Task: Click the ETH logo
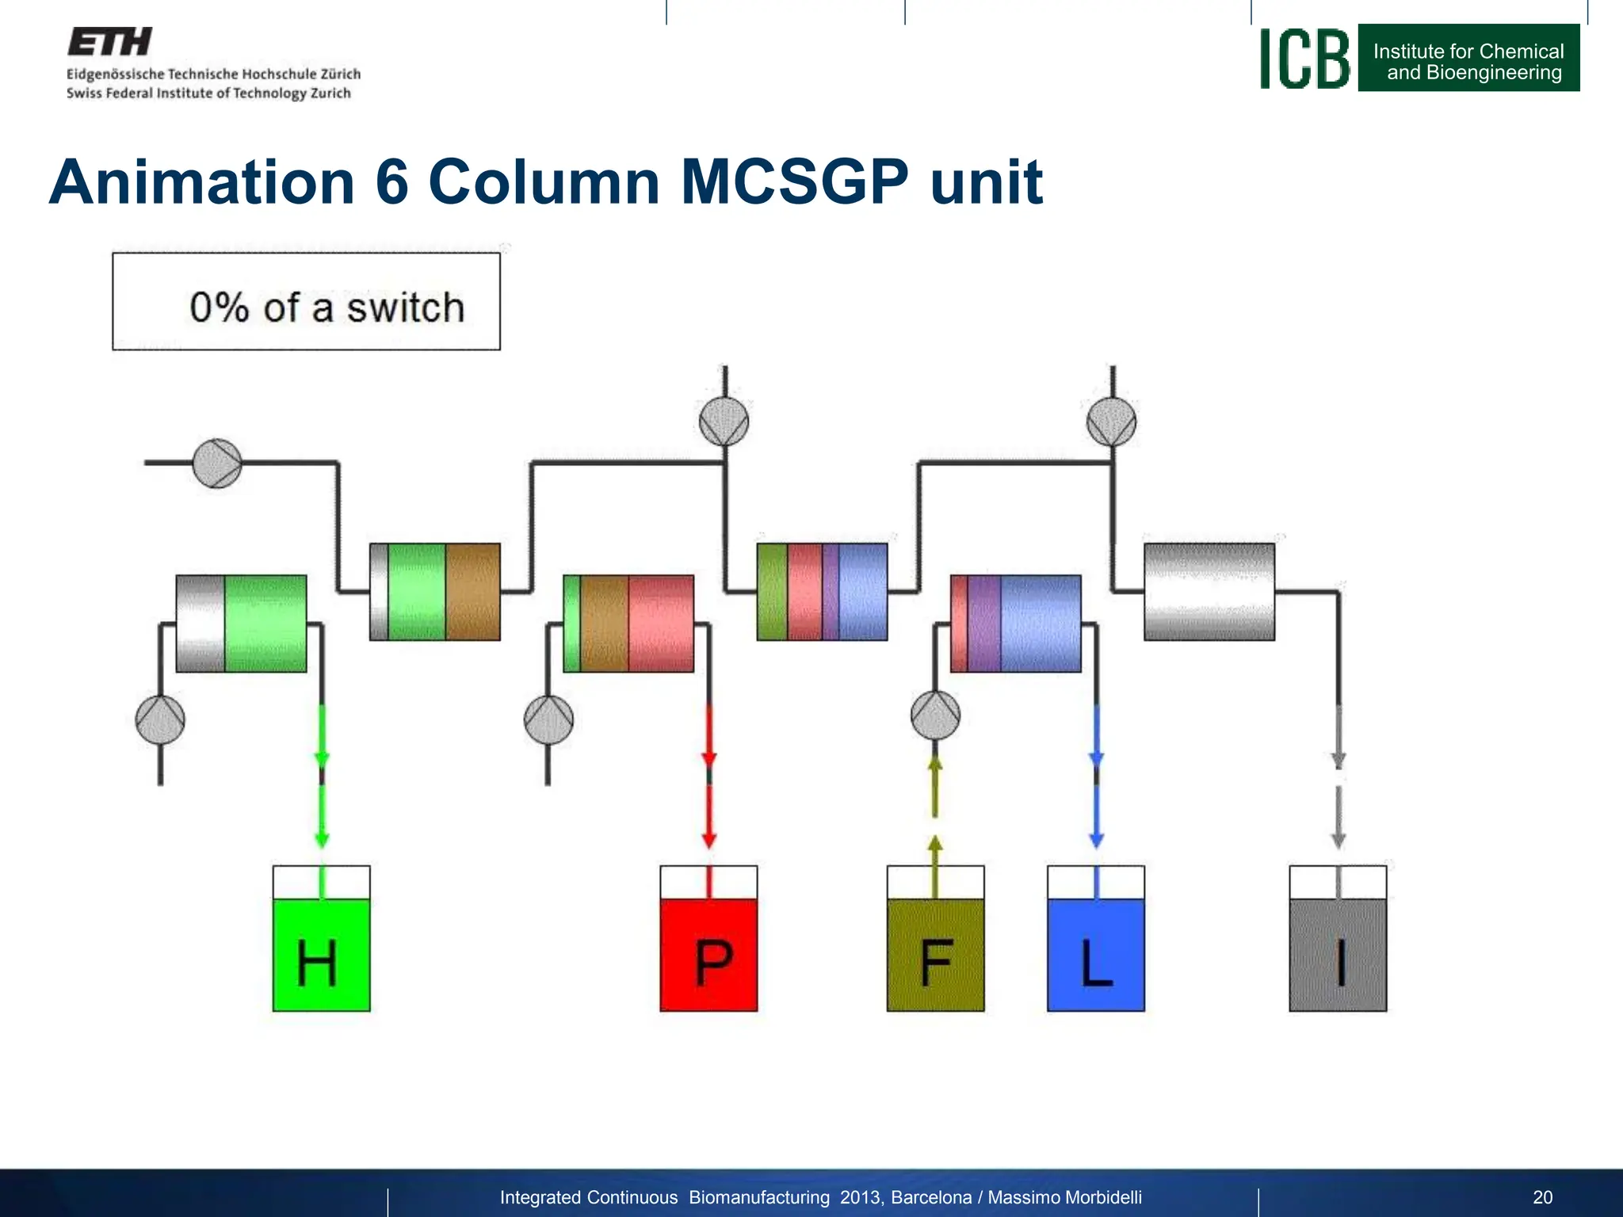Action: [x=110, y=41]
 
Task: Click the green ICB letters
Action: [x=1304, y=59]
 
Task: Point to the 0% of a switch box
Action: [x=306, y=302]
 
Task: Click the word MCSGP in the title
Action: [x=794, y=182]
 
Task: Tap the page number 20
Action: [x=1542, y=1197]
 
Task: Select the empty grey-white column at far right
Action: [x=1209, y=592]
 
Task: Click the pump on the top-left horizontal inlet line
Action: [x=217, y=463]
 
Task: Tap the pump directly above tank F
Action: [x=935, y=715]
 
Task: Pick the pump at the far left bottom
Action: [x=160, y=720]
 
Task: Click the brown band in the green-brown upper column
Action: [x=472, y=592]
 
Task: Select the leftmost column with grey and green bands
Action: [x=241, y=624]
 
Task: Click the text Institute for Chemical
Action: [x=1468, y=52]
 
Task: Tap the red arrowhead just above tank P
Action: [x=708, y=839]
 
